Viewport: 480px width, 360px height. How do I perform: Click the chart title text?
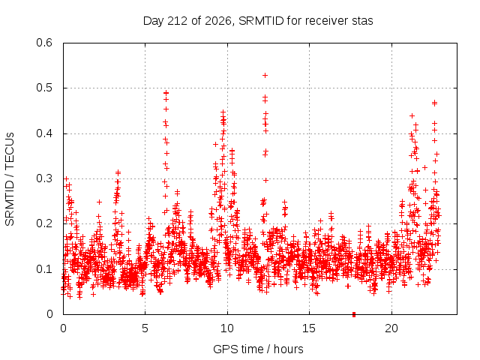[x=258, y=21]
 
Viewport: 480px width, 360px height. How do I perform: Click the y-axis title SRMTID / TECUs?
[x=10, y=179]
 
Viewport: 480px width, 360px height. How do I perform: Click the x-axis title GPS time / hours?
[x=258, y=349]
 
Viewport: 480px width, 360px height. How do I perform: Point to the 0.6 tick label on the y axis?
[x=44, y=43]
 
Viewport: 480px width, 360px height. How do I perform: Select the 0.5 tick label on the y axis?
[x=44, y=88]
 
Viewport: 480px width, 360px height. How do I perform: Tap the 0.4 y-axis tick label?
[x=44, y=133]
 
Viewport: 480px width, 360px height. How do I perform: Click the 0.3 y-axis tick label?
[x=44, y=178]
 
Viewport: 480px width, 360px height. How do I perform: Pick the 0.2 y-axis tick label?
[x=44, y=223]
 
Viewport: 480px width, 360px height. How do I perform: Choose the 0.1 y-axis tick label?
[x=44, y=269]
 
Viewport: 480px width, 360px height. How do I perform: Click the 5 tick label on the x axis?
[x=145, y=328]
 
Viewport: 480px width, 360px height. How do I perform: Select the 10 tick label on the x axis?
[x=227, y=328]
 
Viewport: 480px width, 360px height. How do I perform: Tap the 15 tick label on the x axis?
[x=309, y=328]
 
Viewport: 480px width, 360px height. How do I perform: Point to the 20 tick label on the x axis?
[x=391, y=328]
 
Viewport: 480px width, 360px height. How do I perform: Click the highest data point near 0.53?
[x=265, y=75]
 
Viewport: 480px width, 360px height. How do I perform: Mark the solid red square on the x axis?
[x=354, y=314]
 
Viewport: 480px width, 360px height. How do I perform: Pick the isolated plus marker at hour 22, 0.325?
[x=424, y=167]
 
